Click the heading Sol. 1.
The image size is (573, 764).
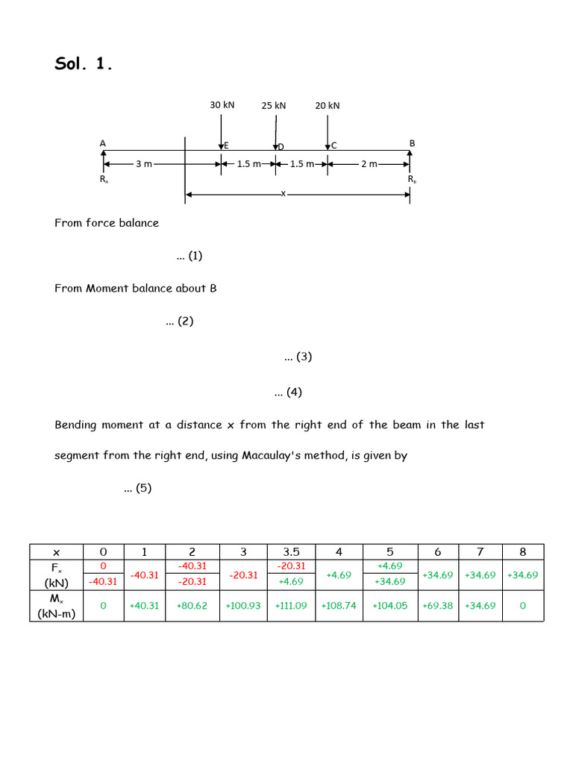point(84,64)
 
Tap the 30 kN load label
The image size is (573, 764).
point(222,105)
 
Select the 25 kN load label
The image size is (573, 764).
point(274,106)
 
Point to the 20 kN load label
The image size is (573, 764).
point(327,106)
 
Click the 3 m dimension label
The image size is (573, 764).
point(144,164)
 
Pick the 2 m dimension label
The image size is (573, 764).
point(369,164)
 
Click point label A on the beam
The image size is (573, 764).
point(102,143)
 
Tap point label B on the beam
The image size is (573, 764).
point(412,143)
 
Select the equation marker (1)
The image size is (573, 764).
point(190,256)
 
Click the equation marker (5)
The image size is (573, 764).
point(137,489)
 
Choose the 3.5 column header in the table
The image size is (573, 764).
point(291,552)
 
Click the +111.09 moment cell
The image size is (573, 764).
point(291,606)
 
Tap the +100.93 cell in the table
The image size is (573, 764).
point(243,606)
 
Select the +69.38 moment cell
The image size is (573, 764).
point(437,606)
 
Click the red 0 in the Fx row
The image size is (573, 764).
point(103,566)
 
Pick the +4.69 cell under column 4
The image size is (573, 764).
point(339,575)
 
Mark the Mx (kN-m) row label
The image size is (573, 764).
point(56,606)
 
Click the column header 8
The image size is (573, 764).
point(522,552)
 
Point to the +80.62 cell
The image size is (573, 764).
point(192,606)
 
